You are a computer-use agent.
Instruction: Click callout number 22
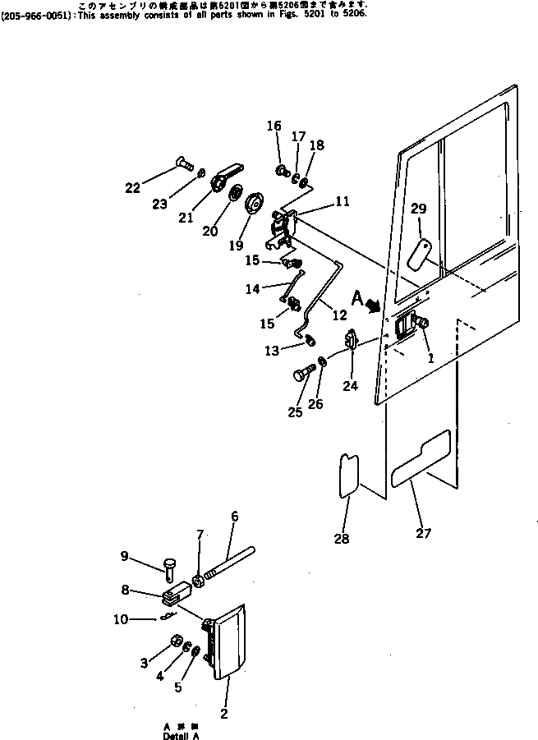[x=132, y=187]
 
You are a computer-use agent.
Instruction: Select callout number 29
[x=418, y=209]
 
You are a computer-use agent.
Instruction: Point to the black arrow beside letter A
[x=373, y=306]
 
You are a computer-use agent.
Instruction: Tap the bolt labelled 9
[x=172, y=567]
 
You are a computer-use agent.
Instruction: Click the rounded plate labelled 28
[x=347, y=474]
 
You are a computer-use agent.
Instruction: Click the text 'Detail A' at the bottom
[x=180, y=736]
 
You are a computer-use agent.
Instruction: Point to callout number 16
[x=274, y=126]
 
